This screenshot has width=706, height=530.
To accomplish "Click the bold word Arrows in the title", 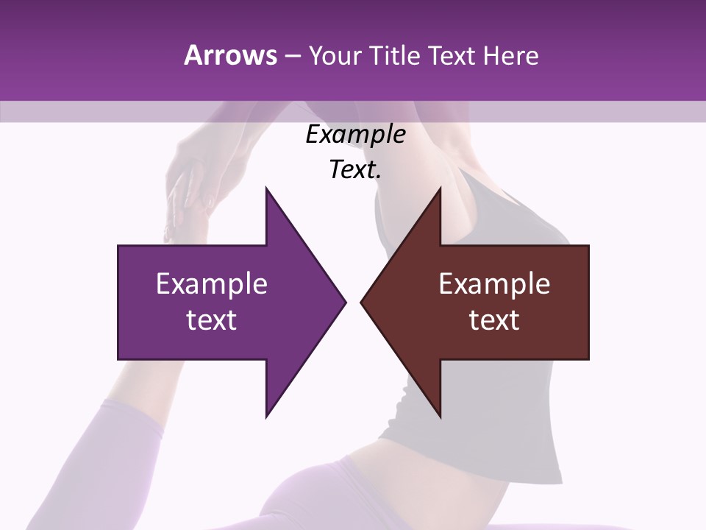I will click(230, 55).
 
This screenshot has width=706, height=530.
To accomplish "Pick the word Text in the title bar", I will click(452, 55).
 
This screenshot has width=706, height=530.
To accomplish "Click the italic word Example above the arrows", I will click(355, 135).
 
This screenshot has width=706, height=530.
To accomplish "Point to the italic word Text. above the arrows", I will click(355, 170).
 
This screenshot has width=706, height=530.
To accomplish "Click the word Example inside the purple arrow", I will click(212, 284).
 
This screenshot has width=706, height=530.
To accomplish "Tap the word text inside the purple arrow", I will click(212, 320).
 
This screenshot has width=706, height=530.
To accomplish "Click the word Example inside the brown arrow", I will click(494, 284).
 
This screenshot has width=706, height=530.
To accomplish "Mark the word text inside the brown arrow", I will click(494, 320).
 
